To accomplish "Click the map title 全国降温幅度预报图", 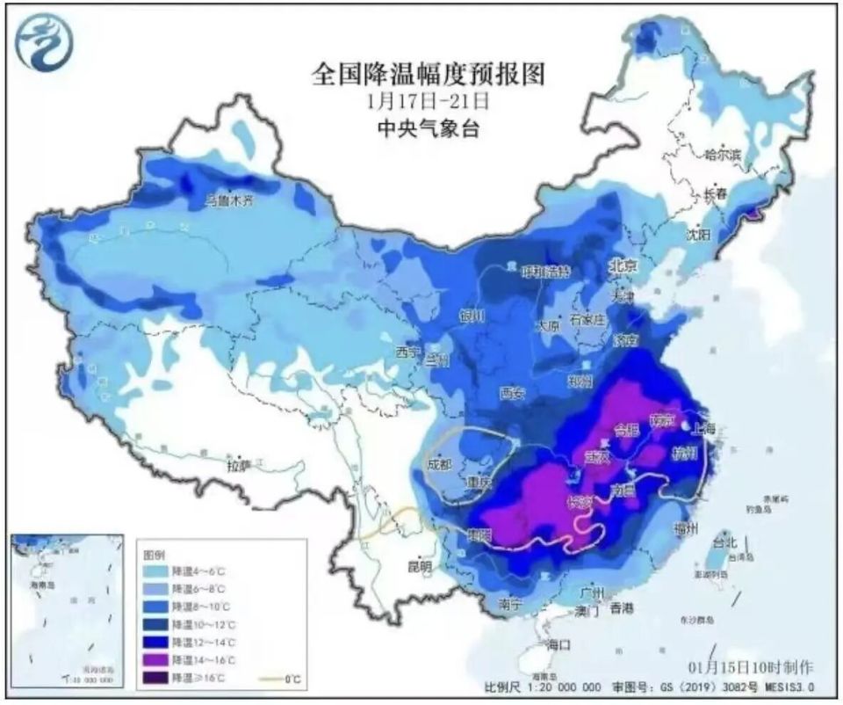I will click(428, 74).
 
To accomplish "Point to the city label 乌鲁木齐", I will click(228, 200).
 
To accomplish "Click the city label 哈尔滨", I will click(723, 155).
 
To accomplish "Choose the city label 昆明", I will click(421, 567).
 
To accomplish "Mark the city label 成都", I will click(440, 464).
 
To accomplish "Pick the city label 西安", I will click(512, 392).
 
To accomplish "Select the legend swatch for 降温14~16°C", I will click(157, 659).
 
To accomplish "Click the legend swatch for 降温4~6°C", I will click(157, 571).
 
